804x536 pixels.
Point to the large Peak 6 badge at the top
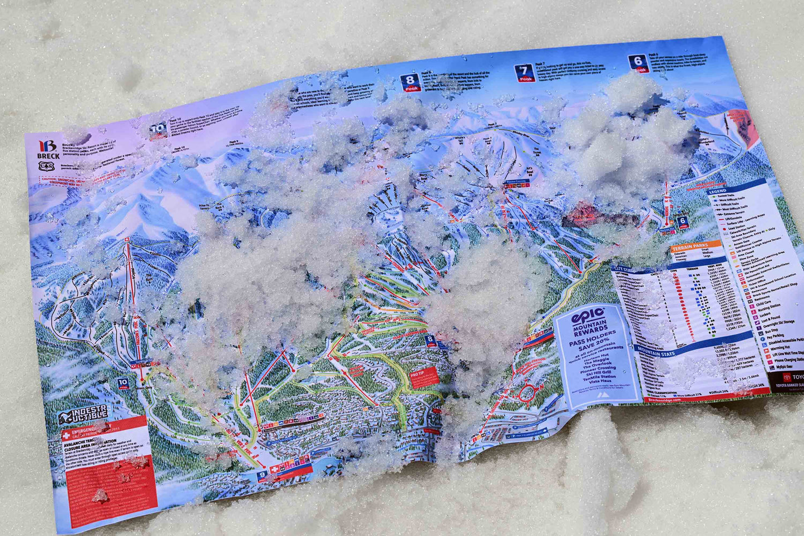click(638, 63)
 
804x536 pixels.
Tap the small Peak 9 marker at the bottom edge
click(262, 475)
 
